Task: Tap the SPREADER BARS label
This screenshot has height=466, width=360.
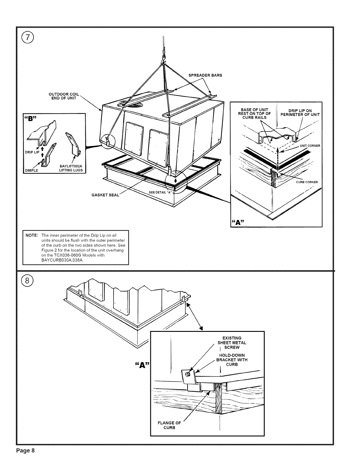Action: pos(205,75)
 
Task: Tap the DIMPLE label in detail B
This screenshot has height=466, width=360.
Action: pos(32,170)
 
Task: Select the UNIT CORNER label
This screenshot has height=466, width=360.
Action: pos(310,146)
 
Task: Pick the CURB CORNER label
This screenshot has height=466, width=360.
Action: pos(307,182)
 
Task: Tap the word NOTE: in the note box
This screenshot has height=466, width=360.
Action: pos(31,236)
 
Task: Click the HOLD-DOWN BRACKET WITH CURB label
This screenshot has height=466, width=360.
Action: pos(232,360)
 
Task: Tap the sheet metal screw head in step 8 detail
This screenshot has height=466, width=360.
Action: pos(187,374)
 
